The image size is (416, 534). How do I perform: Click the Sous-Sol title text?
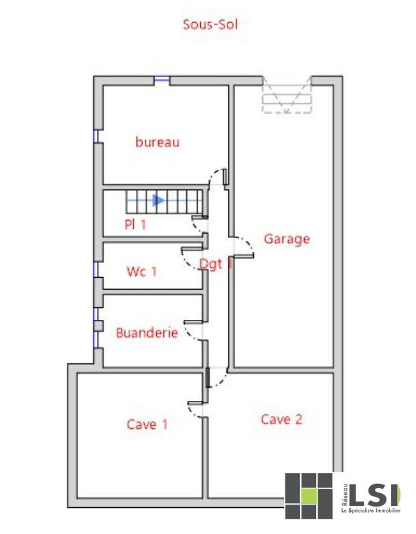(x=210, y=25)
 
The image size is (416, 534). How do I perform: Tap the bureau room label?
(x=157, y=142)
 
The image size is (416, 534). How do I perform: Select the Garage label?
(x=287, y=238)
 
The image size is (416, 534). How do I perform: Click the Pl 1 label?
(x=135, y=225)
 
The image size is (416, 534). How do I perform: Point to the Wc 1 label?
(x=141, y=272)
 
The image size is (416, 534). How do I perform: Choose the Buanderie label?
(x=147, y=333)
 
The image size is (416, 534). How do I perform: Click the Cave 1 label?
(x=147, y=424)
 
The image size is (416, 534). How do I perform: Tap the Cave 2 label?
(x=281, y=420)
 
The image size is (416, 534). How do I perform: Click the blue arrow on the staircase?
(x=158, y=199)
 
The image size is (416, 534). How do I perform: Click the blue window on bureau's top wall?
(x=161, y=80)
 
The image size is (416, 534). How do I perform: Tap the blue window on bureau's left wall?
(x=96, y=136)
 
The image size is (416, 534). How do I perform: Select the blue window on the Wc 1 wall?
(x=96, y=269)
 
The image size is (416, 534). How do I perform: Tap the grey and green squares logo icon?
(x=309, y=496)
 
